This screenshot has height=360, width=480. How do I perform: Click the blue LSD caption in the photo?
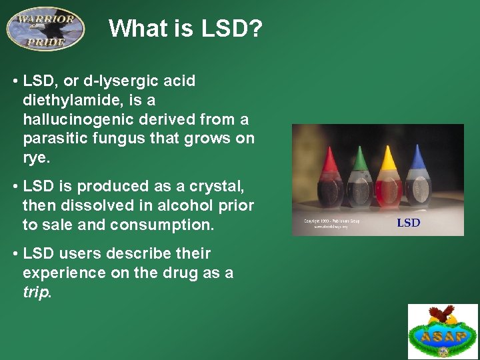(x=409, y=223)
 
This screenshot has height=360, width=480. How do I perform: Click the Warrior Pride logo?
(x=45, y=28)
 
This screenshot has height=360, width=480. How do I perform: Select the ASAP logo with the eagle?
(x=443, y=331)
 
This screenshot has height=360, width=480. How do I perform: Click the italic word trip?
(x=36, y=293)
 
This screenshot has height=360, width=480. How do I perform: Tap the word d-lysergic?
(x=109, y=81)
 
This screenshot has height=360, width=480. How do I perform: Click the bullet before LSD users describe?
(x=15, y=254)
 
